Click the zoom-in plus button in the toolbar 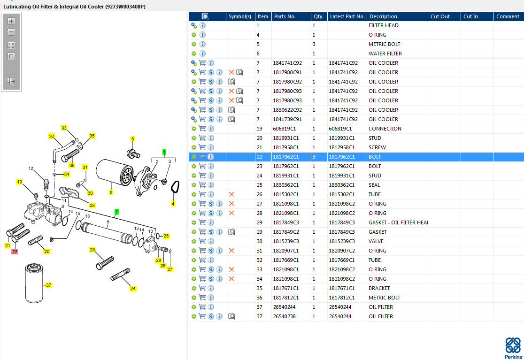[11, 21]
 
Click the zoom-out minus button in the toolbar [11, 32]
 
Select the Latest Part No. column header [347, 16]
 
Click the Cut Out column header [440, 16]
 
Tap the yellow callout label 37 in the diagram [48, 285]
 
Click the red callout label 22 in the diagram [15, 252]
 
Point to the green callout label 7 [116, 212]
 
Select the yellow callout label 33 [64, 128]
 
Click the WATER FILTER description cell [385, 54]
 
